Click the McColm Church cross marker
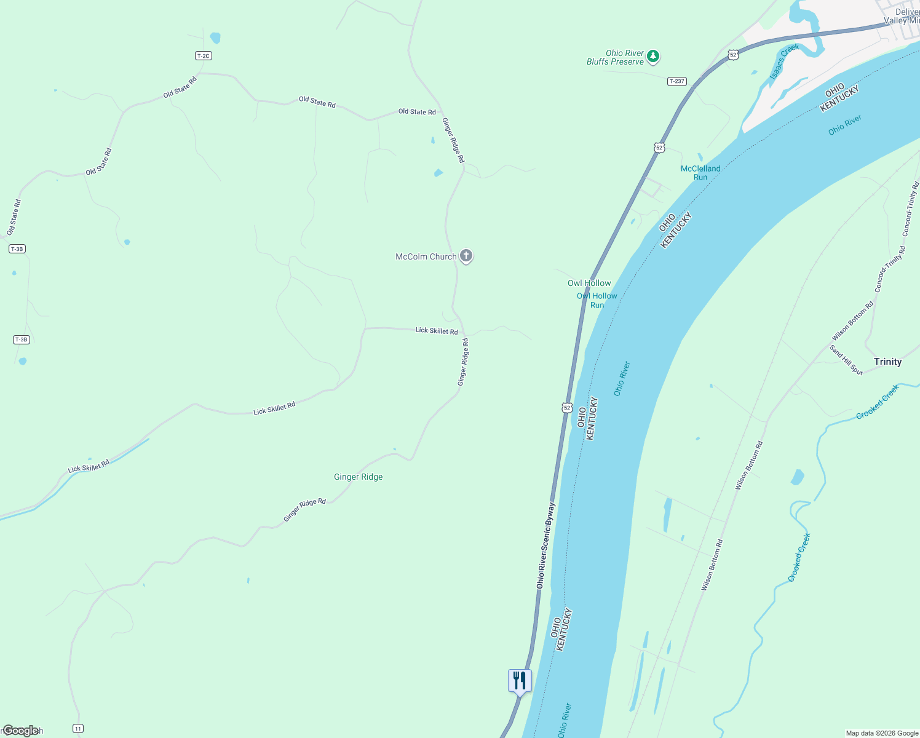click(466, 256)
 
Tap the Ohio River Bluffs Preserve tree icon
click(653, 57)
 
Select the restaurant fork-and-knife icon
click(520, 681)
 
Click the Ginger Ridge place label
click(358, 477)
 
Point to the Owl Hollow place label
click(589, 283)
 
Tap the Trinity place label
click(887, 362)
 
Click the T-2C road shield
click(203, 56)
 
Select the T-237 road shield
click(676, 81)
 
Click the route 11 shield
click(77, 729)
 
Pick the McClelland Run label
click(700, 173)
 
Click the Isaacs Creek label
click(784, 61)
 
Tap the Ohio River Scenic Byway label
click(545, 546)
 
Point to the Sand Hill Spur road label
click(846, 360)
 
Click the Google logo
click(20, 731)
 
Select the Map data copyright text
click(882, 733)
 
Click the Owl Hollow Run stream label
click(597, 300)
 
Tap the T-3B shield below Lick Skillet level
click(21, 339)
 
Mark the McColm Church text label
click(426, 256)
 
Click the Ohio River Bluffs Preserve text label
click(616, 57)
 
